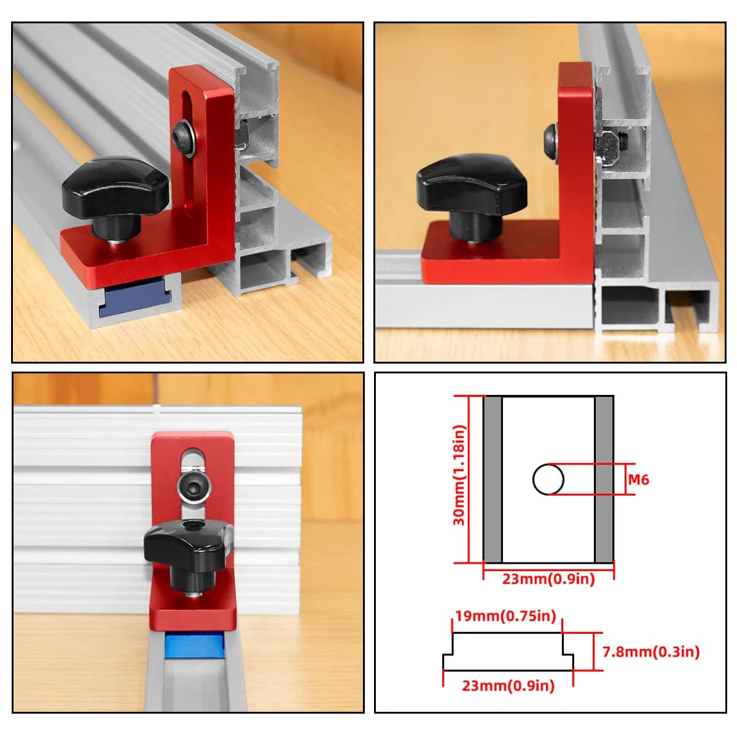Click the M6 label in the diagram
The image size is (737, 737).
(638, 480)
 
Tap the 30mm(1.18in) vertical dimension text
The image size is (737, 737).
(459, 475)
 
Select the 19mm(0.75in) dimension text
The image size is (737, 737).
(505, 616)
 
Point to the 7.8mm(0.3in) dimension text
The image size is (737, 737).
(651, 652)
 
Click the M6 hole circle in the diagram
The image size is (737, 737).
(548, 479)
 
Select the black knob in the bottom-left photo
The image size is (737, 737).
(189, 555)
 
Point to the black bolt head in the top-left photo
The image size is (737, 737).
(182, 138)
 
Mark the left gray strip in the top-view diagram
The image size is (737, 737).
(493, 479)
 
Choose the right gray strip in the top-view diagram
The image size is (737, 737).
(604, 479)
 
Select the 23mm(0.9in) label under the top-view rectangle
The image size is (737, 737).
(548, 579)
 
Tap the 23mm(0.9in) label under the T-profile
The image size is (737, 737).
(509, 686)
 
